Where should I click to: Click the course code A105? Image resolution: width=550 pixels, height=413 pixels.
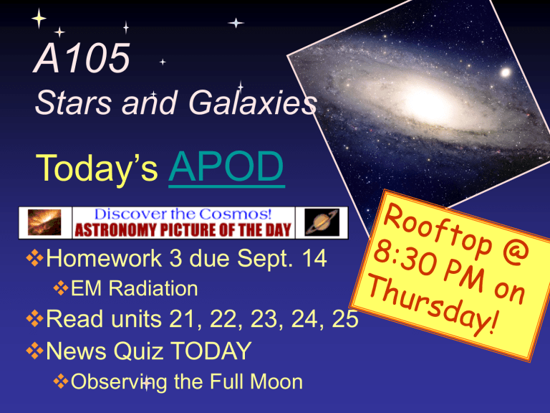[x=82, y=58]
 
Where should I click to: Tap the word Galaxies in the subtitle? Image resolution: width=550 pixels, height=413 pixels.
[x=253, y=103]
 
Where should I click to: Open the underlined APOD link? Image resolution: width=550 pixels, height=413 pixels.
[x=226, y=168]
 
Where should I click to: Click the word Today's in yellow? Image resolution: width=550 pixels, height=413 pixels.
[x=97, y=168]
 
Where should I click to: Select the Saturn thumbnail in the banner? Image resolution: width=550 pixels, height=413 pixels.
[x=322, y=223]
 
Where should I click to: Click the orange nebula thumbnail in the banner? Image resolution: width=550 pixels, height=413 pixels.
[x=44, y=223]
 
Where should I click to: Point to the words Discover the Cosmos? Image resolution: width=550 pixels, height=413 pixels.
[x=183, y=214]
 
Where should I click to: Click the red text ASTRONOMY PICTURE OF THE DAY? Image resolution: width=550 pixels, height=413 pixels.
[x=183, y=230]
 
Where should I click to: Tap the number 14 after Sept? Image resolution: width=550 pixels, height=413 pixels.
[x=314, y=258]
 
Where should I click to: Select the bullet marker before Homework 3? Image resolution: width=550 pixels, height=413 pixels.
[x=34, y=258]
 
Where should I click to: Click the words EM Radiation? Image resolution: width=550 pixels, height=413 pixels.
[x=135, y=289]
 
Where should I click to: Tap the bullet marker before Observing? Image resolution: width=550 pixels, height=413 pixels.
[x=61, y=381]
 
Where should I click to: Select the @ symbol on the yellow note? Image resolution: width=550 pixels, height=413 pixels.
[x=516, y=251]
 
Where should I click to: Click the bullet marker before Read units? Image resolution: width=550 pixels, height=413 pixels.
[x=34, y=319]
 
